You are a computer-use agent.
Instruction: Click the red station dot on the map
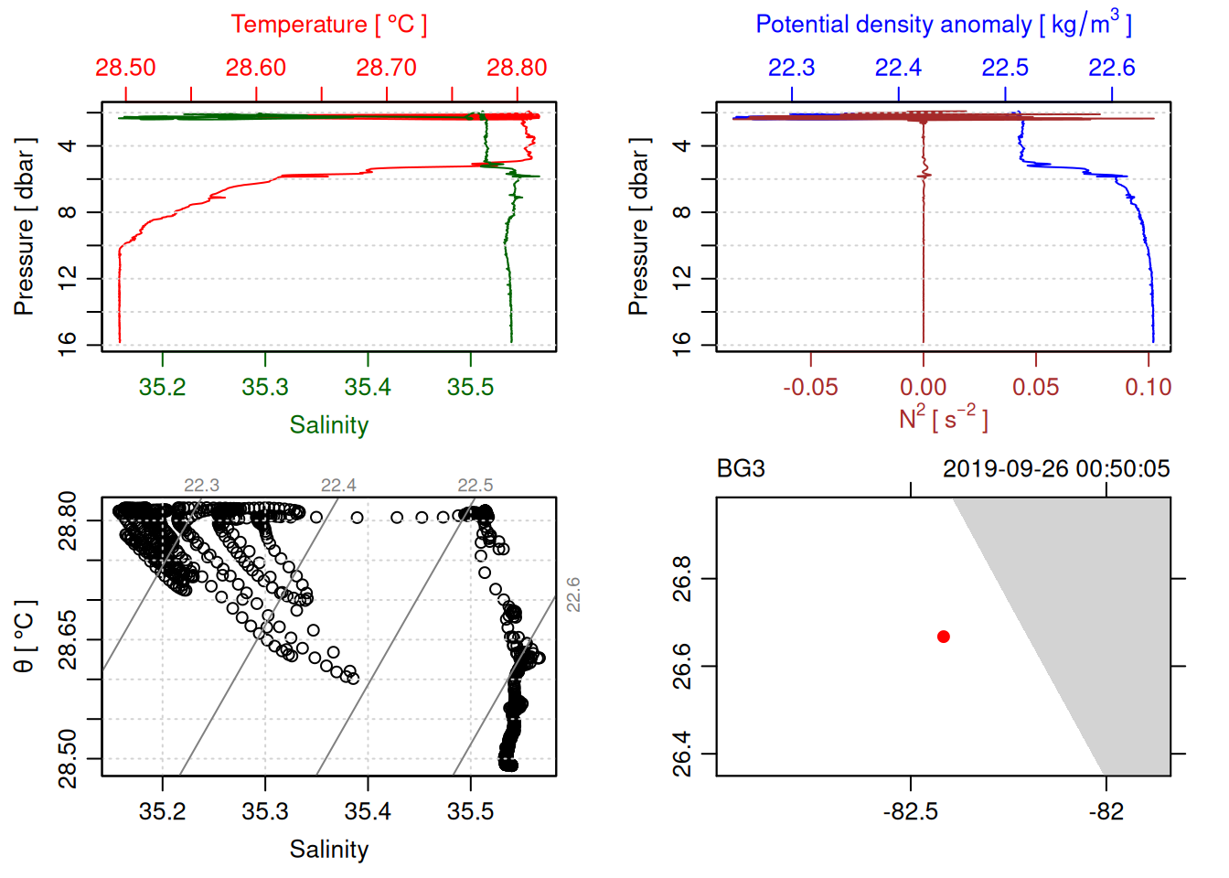(x=943, y=637)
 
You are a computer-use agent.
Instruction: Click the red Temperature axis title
(x=328, y=25)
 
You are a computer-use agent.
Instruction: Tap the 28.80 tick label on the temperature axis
(x=517, y=68)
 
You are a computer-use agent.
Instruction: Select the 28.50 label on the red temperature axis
(x=125, y=68)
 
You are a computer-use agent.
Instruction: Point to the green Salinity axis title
(x=328, y=425)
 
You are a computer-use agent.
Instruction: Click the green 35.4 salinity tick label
(x=368, y=388)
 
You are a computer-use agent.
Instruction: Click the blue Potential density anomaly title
(x=943, y=25)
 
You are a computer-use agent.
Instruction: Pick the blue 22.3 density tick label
(x=791, y=68)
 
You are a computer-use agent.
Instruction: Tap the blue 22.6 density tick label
(x=1111, y=68)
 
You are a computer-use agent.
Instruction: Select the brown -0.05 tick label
(x=810, y=388)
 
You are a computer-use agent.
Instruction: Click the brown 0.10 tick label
(x=1148, y=388)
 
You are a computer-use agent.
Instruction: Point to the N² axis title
(x=943, y=419)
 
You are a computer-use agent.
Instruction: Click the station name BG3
(x=741, y=469)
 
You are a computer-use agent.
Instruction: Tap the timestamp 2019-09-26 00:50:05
(x=1056, y=469)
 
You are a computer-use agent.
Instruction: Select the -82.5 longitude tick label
(x=911, y=812)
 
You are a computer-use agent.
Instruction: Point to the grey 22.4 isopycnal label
(x=338, y=486)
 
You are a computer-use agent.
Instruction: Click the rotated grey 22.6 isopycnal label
(x=573, y=594)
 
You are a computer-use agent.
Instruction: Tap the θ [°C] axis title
(x=25, y=637)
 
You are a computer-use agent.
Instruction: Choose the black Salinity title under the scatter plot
(x=328, y=850)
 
